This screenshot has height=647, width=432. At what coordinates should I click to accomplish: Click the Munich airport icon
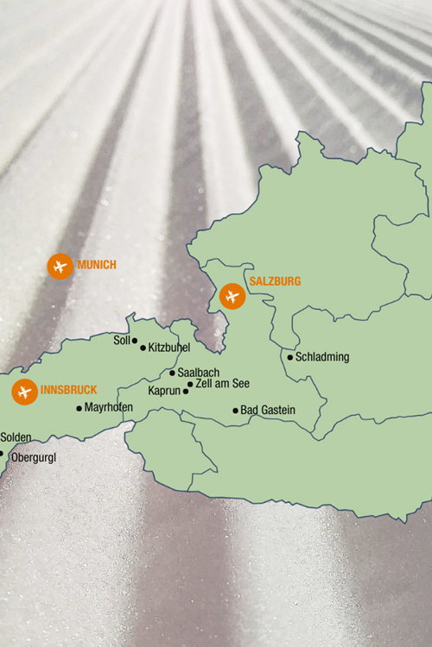click(60, 266)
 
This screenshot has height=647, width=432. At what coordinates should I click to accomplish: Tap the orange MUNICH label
click(97, 265)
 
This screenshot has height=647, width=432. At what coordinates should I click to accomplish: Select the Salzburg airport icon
click(232, 297)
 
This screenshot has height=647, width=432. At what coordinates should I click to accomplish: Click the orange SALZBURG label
click(275, 282)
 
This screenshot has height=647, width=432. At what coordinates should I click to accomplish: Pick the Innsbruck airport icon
click(23, 392)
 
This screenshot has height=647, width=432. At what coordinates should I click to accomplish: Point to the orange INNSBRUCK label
click(68, 389)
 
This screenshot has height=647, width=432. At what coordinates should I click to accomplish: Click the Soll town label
click(122, 341)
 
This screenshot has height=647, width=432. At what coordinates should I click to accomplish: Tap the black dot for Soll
click(135, 341)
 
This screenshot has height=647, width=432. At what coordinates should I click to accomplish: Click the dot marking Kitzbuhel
click(143, 349)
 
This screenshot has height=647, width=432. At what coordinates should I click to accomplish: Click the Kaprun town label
click(164, 392)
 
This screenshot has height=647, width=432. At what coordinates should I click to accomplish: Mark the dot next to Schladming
click(290, 357)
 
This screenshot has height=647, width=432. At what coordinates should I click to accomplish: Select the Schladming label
click(322, 357)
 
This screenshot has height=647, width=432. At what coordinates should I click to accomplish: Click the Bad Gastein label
click(268, 411)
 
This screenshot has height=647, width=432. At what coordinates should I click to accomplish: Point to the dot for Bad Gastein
click(235, 411)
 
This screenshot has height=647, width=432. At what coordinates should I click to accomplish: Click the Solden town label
click(16, 438)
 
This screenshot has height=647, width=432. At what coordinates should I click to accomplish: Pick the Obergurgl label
click(32, 458)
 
